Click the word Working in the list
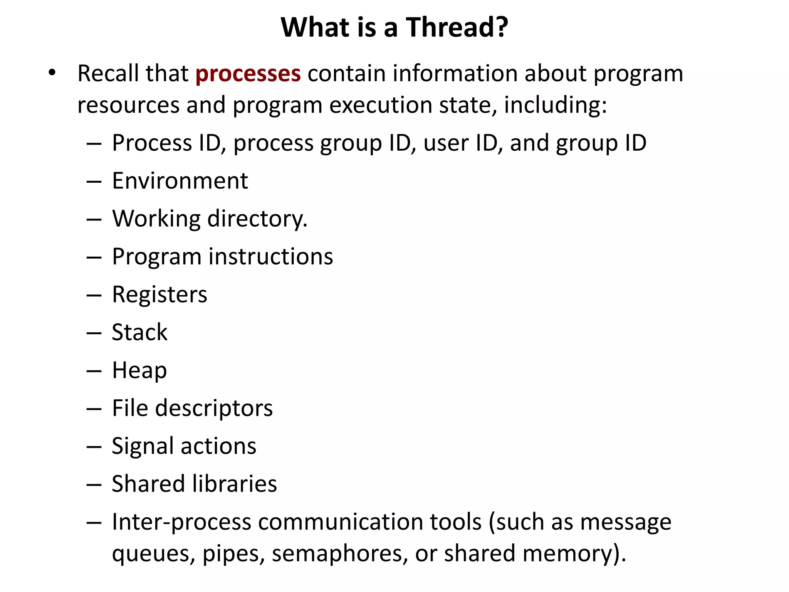pyautogui.click(x=156, y=219)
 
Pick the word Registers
pyautogui.click(x=159, y=294)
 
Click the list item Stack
pyautogui.click(x=139, y=332)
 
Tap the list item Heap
pyautogui.click(x=139, y=370)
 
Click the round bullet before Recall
pyautogui.click(x=52, y=72)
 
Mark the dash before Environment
pyautogui.click(x=94, y=181)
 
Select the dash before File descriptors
pyautogui.click(x=94, y=409)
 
